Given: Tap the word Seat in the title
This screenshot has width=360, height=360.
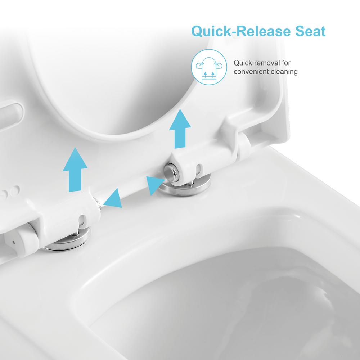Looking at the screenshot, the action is point(310,31).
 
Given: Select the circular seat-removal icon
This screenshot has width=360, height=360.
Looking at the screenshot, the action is point(209,67).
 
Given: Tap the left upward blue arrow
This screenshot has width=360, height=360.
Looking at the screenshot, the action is point(75,170).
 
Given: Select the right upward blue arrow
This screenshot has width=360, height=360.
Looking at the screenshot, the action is point(180,129).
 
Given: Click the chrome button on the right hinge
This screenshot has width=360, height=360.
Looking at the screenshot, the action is point(170,171).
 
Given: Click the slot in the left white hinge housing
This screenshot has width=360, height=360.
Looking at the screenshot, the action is point(82,220).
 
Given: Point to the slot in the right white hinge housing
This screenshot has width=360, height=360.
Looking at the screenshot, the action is point(198,169).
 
